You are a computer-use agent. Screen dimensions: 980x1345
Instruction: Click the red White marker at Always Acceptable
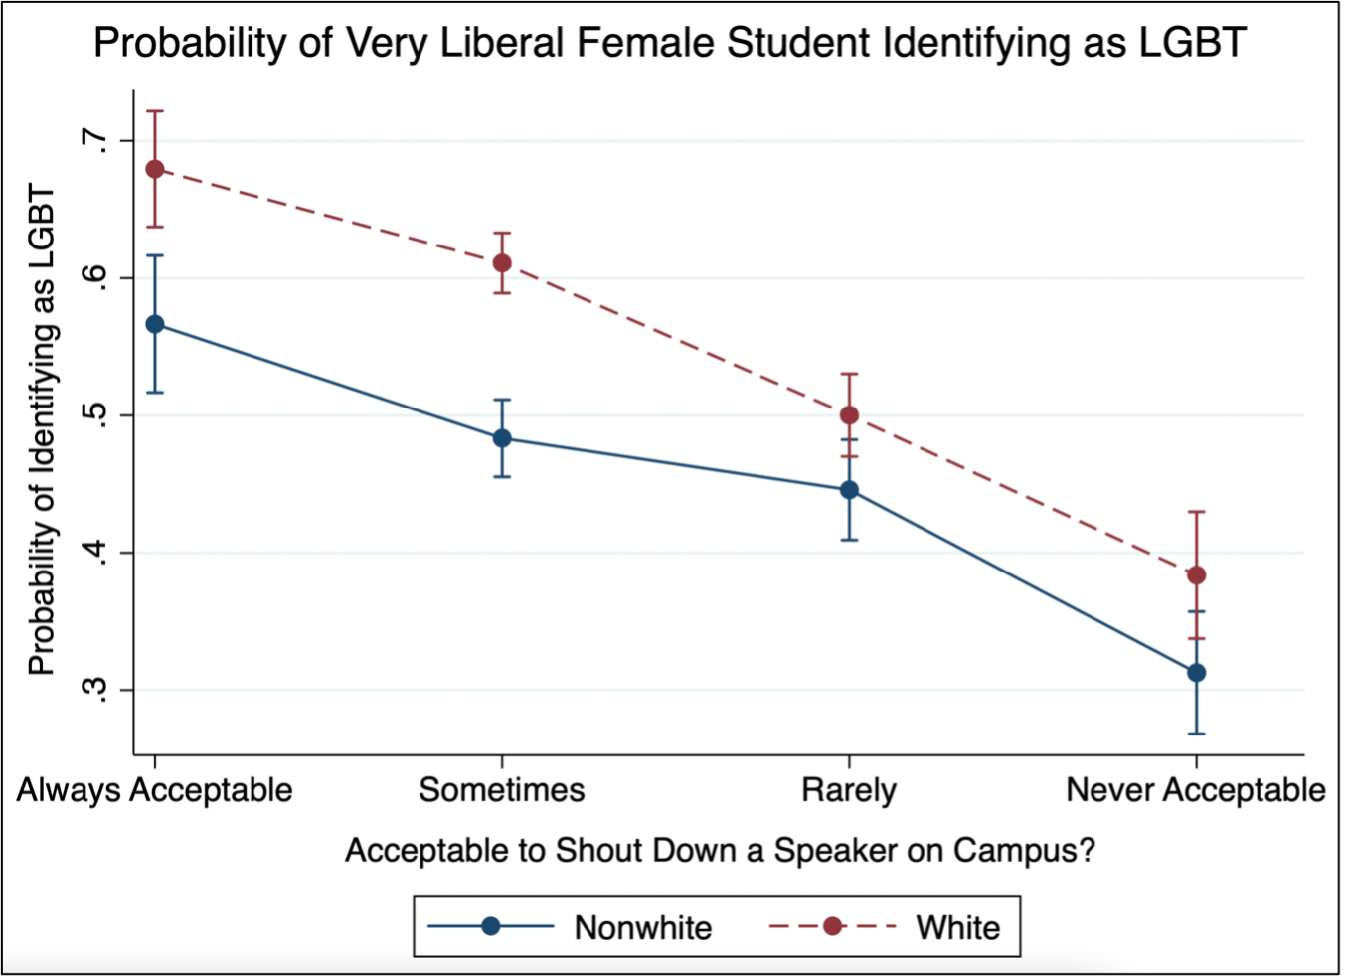(155, 169)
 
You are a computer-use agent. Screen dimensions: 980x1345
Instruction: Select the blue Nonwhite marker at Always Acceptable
(155, 324)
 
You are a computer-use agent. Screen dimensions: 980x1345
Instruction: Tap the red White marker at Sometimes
(502, 263)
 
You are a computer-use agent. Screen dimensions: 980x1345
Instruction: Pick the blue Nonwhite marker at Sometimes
(502, 438)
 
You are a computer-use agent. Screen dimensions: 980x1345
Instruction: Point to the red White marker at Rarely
(849, 415)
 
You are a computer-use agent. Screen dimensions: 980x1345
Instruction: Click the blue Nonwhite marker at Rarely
(849, 490)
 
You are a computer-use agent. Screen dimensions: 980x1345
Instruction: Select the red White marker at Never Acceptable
(1196, 575)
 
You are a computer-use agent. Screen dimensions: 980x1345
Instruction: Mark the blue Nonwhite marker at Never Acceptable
(1196, 673)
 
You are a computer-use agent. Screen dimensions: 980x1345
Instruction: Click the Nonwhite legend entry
(642, 927)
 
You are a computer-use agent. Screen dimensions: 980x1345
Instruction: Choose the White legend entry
(957, 927)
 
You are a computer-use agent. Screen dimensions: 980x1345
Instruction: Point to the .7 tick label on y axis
(95, 141)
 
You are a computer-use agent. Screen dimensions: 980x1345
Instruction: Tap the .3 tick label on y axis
(95, 690)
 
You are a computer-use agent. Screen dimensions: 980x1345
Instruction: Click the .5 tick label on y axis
(95, 415)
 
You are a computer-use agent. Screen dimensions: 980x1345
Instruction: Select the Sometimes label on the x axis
(502, 790)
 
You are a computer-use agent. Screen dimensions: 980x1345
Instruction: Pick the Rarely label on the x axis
(849, 790)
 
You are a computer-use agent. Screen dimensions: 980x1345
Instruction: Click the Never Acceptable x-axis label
(1196, 790)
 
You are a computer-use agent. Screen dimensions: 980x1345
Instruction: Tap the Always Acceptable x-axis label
(155, 790)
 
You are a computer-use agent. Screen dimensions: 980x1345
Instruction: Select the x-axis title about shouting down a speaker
(720, 851)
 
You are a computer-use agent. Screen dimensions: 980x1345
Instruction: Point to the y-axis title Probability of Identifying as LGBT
(41, 429)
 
